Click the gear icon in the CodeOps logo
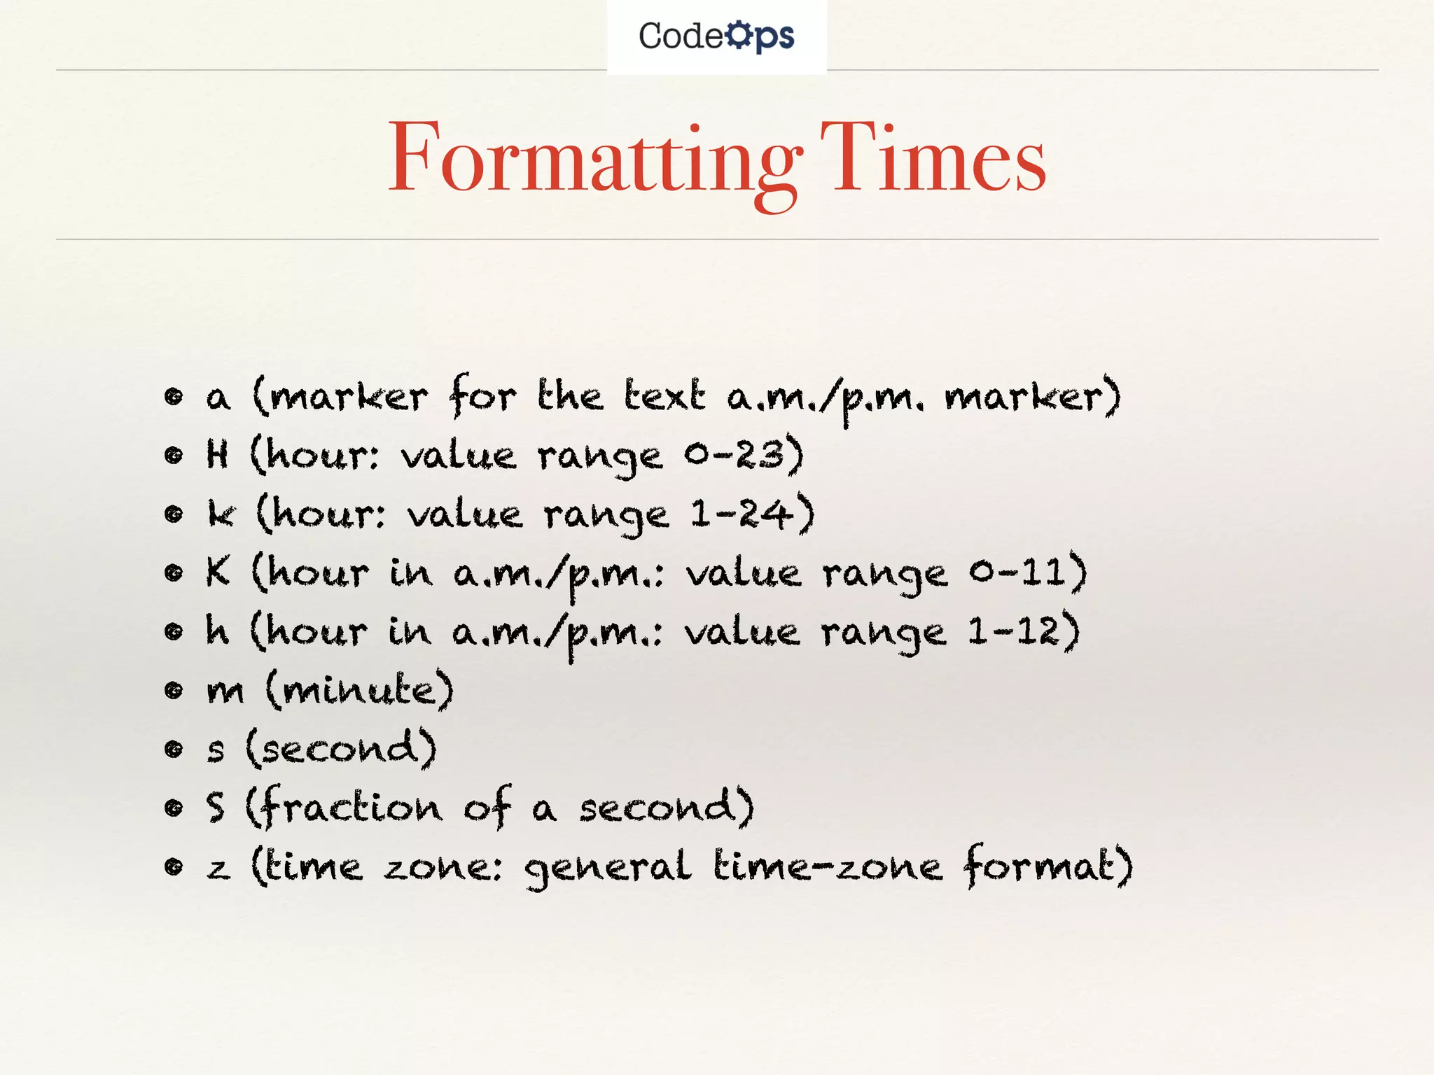[x=738, y=35]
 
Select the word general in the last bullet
[x=608, y=869]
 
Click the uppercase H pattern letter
[x=218, y=455]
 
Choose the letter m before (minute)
[x=225, y=692]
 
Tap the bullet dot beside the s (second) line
[x=173, y=750]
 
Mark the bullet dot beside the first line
[x=173, y=397]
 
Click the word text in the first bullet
[x=664, y=397]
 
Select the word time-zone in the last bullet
[x=828, y=867]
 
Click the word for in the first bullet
[x=482, y=397]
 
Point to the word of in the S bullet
[x=487, y=808]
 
